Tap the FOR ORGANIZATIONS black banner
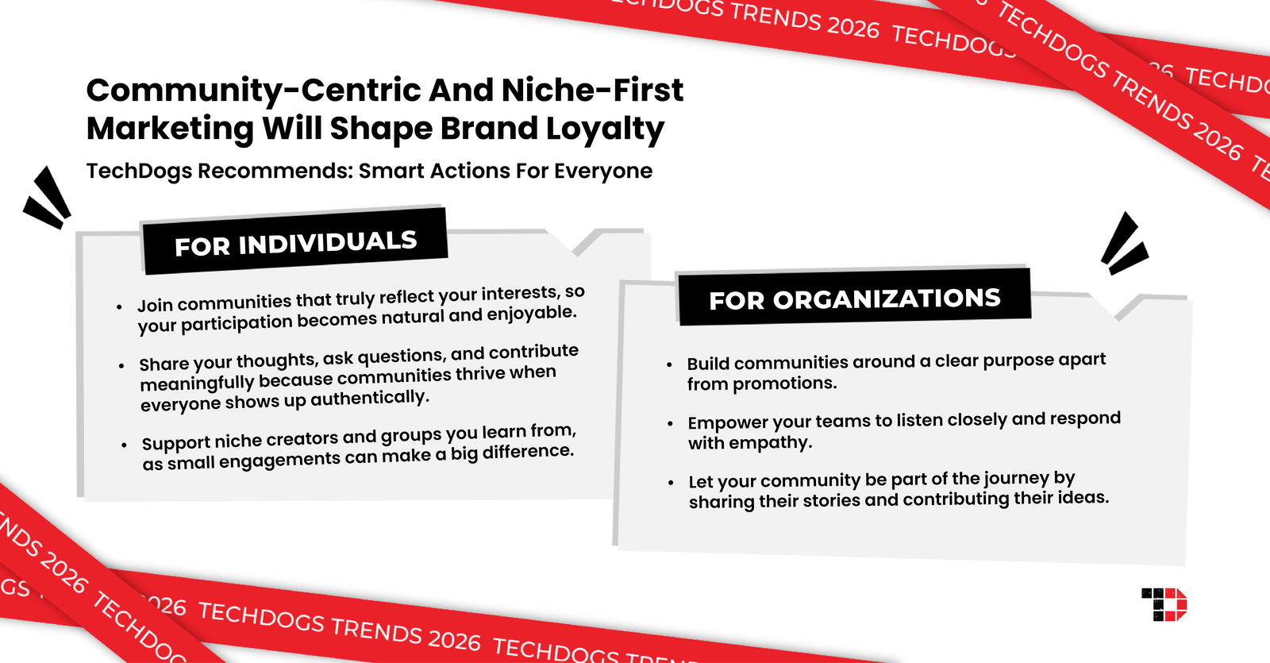click(x=854, y=298)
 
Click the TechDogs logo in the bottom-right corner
click(x=1164, y=604)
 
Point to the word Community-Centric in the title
click(x=252, y=91)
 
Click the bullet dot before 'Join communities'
click(x=119, y=307)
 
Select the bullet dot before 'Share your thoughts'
click(x=121, y=366)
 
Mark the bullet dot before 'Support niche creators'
click(x=124, y=445)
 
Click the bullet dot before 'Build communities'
click(x=669, y=364)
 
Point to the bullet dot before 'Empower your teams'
click(x=670, y=424)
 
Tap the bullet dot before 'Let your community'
click(x=671, y=482)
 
